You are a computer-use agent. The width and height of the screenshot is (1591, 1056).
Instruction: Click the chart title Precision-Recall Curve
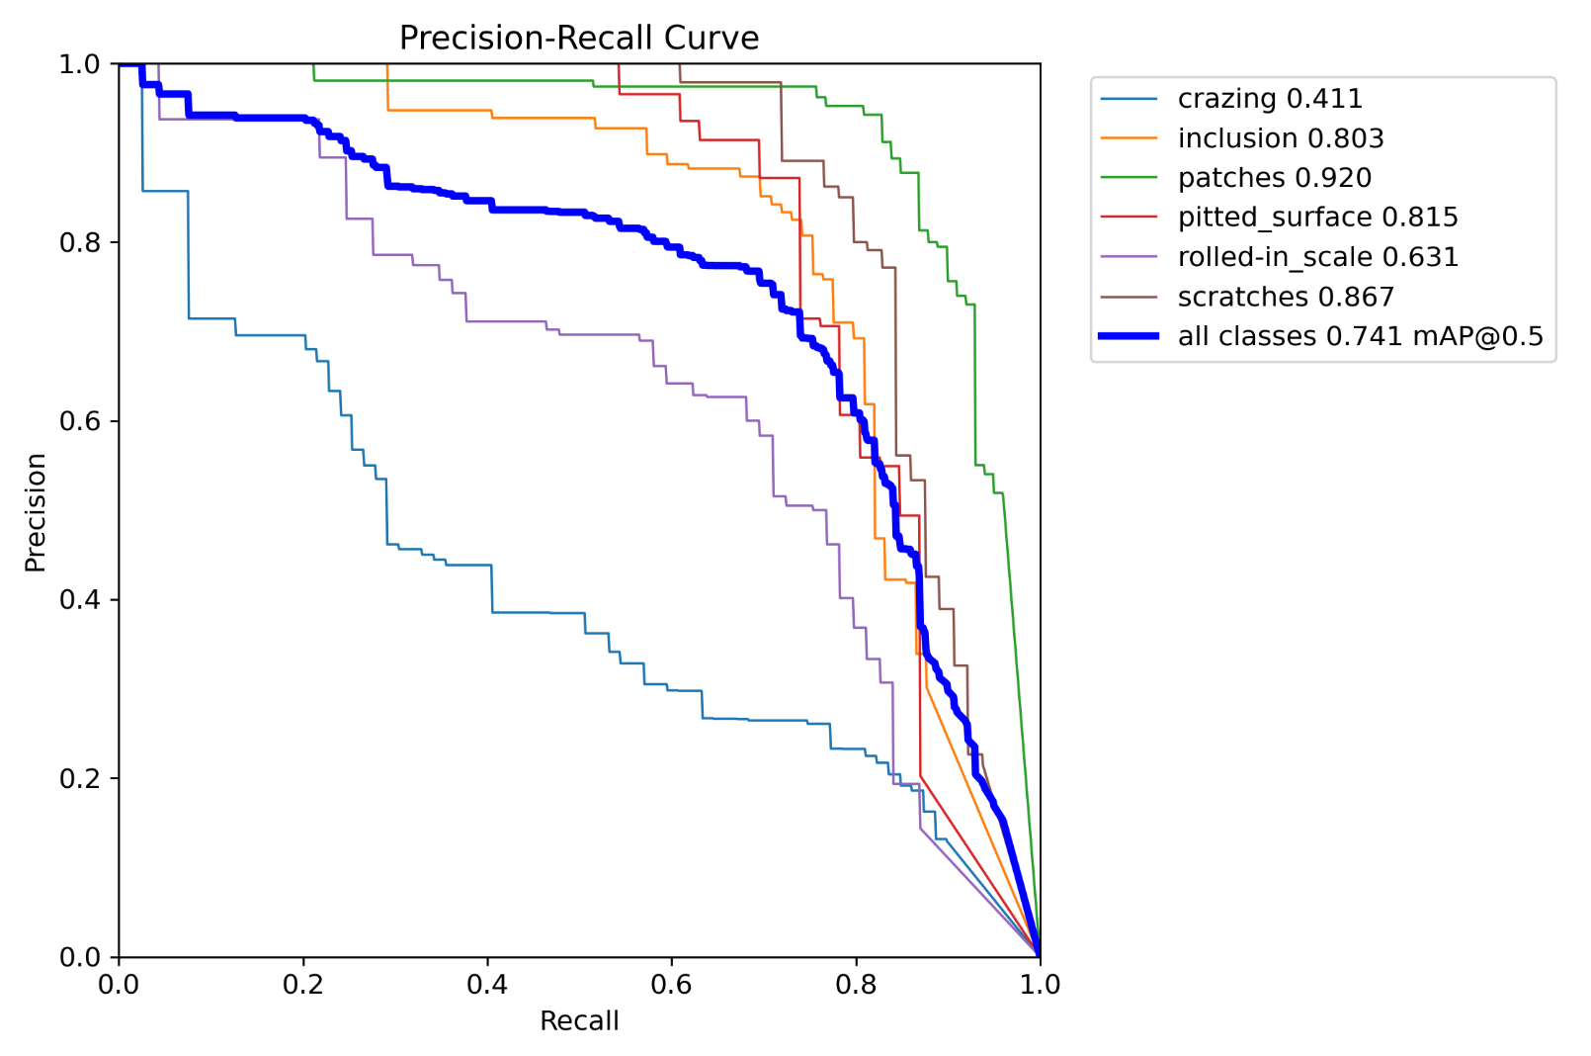click(579, 38)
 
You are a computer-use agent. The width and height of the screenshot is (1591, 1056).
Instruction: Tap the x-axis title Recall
click(579, 1020)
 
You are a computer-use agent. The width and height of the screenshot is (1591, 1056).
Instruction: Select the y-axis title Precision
click(36, 511)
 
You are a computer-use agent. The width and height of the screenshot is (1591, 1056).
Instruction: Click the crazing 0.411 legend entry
click(1270, 99)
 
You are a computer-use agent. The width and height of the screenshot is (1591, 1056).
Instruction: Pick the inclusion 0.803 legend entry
click(1281, 138)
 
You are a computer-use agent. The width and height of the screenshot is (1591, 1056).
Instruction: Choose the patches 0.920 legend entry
click(1274, 178)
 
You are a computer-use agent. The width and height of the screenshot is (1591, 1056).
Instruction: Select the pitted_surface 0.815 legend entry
click(1317, 218)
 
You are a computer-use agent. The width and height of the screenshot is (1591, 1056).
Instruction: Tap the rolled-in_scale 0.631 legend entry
click(1317, 257)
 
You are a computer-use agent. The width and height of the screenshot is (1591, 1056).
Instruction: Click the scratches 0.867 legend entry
click(1286, 297)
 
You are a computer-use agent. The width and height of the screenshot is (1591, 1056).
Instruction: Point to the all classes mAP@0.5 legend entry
click(1360, 336)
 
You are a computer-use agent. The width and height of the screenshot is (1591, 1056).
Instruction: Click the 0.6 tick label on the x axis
click(671, 984)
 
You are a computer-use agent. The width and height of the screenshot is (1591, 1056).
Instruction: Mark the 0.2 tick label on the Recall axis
click(303, 984)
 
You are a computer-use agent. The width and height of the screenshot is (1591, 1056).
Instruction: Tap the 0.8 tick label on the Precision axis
click(80, 242)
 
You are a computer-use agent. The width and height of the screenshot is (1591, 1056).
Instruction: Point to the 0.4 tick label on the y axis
click(80, 599)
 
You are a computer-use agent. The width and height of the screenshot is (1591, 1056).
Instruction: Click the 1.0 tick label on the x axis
click(1040, 984)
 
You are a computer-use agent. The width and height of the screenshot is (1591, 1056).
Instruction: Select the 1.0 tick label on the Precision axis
click(80, 64)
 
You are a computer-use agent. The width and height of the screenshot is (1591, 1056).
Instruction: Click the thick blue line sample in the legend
click(1129, 336)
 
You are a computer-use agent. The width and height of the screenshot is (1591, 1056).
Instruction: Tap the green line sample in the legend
click(1129, 178)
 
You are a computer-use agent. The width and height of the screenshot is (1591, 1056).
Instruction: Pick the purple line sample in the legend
click(1129, 257)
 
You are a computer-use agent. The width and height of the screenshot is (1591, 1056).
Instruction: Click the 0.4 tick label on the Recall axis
click(487, 984)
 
